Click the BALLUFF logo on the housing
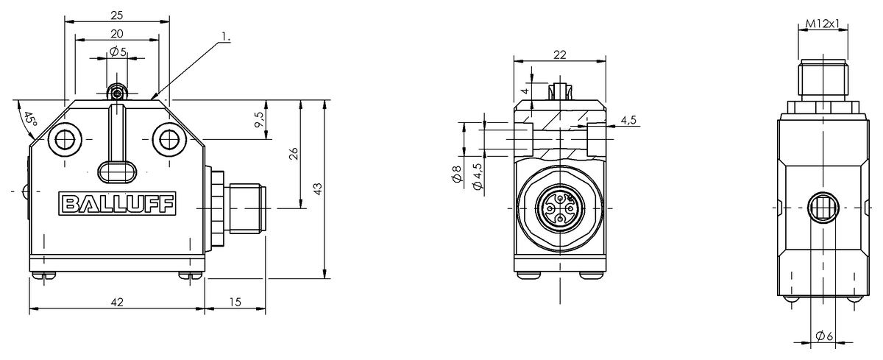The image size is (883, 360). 117,204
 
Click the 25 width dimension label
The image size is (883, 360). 117,15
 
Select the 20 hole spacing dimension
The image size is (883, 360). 117,34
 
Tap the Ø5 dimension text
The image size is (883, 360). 118,52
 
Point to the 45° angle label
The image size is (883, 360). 30,121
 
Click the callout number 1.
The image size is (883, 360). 225,37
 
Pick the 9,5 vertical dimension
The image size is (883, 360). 258,119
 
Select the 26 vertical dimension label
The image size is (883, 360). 294,153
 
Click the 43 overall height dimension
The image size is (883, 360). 318,189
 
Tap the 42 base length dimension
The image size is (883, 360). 117,302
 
